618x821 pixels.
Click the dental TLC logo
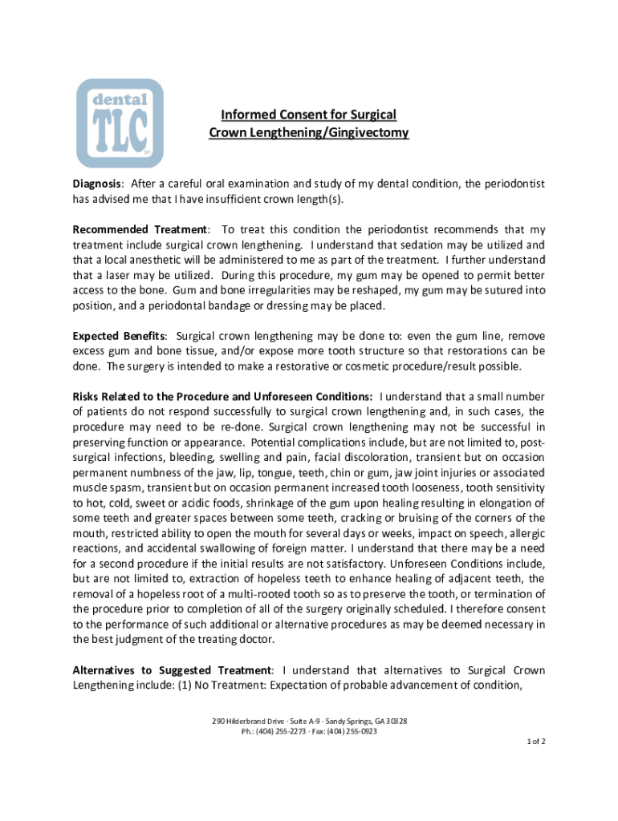pos(119,123)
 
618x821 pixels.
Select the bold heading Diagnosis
pos(97,184)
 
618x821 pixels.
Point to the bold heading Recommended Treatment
pos(140,230)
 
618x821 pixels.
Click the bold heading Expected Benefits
pos(119,337)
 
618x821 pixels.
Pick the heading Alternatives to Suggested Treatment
pos(173,669)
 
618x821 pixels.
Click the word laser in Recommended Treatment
pos(108,275)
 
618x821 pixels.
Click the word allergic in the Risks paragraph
pos(523,533)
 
